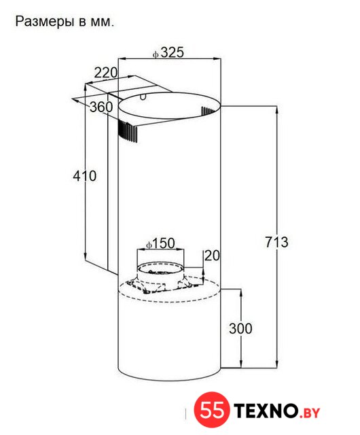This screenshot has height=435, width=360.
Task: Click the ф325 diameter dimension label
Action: click(168, 52)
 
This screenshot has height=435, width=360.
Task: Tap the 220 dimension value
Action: click(106, 73)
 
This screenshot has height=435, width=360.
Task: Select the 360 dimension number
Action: click(101, 107)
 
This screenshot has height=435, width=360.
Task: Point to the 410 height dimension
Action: click(85, 176)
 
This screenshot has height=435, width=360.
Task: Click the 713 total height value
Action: click(276, 242)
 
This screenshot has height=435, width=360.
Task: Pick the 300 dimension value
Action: click(240, 328)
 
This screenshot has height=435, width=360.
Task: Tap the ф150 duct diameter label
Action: click(160, 243)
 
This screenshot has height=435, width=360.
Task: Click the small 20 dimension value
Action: click(212, 256)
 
